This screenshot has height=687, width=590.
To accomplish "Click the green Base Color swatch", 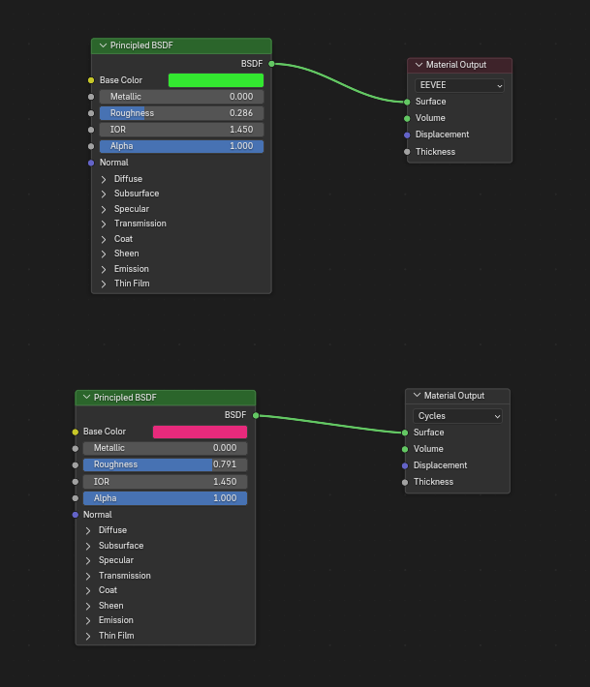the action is click(216, 80).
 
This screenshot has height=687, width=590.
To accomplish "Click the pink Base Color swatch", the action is click(200, 432).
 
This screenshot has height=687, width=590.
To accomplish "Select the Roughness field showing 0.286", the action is click(181, 113).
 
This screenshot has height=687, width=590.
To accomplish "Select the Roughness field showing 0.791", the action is click(165, 464).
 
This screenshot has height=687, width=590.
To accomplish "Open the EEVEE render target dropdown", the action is click(459, 85).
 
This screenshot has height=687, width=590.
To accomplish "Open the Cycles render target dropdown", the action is click(457, 416).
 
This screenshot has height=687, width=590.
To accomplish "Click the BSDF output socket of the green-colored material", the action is click(271, 64).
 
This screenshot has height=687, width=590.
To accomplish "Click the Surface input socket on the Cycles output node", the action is click(405, 433).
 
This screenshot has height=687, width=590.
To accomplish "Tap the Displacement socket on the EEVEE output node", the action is click(407, 134).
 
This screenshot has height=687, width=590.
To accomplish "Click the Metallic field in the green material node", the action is click(181, 97).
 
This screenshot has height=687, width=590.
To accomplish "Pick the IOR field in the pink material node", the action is click(165, 482).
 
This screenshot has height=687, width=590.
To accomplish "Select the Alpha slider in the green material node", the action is click(181, 146).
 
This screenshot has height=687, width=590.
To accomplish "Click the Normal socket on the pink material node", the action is click(76, 515).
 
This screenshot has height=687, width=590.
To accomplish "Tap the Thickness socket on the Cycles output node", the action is click(405, 483).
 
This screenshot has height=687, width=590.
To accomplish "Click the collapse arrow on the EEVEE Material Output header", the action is click(419, 65).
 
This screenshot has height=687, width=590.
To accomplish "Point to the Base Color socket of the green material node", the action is click(91, 80).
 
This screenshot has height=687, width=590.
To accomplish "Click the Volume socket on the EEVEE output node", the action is click(407, 118).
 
